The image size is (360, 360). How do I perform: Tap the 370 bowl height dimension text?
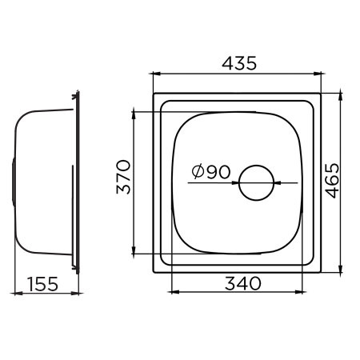coord(122,178)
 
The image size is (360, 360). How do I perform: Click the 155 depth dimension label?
coord(46,282)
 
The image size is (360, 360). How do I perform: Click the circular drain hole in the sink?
coord(256,183)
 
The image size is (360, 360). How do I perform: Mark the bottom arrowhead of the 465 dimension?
coord(342,270)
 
